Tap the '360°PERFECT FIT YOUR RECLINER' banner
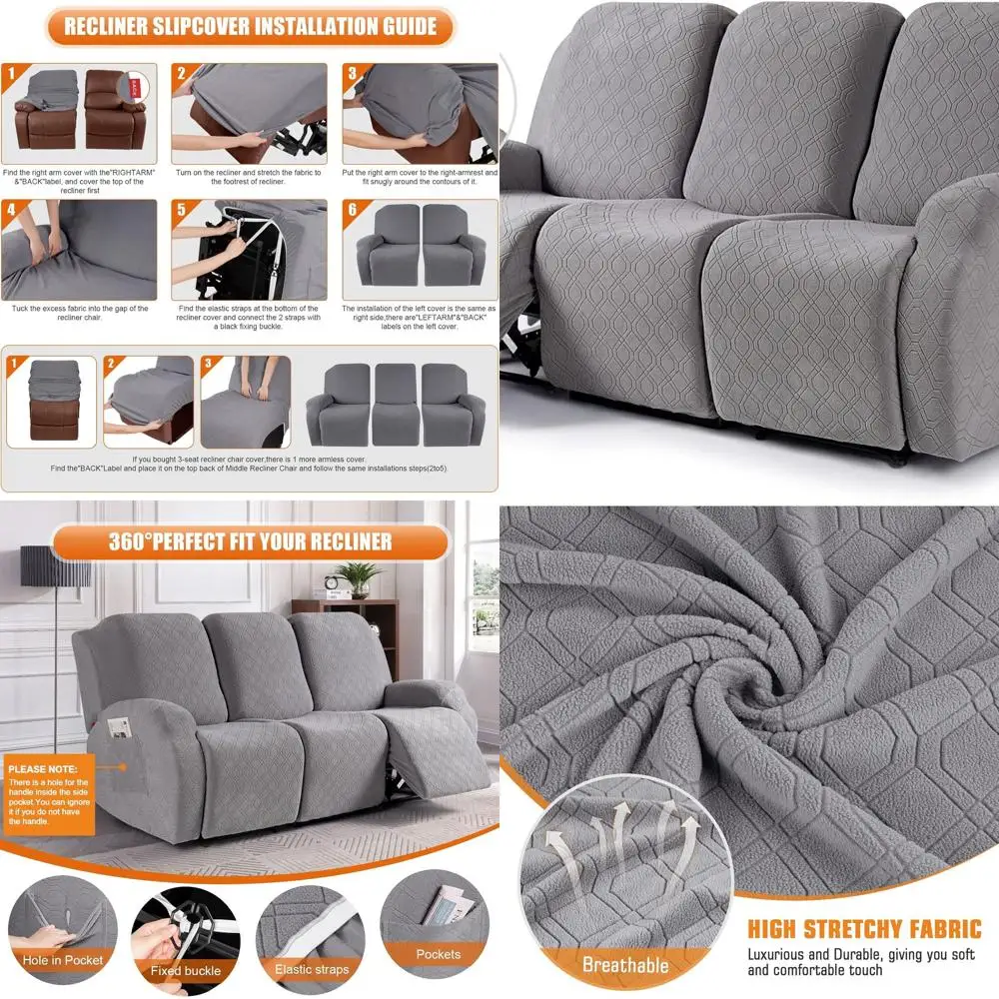(250, 543)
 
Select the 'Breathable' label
(625, 965)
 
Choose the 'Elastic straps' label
(312, 969)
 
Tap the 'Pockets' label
(438, 955)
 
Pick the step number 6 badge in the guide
(352, 210)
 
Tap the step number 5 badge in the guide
(182, 210)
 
